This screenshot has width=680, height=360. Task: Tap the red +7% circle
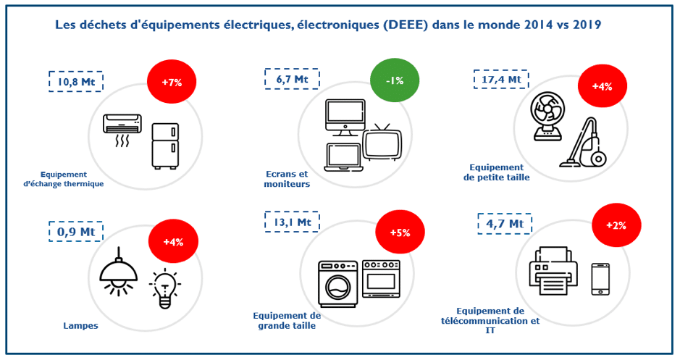tap(172, 82)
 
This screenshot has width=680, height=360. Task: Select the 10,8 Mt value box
tap(76, 82)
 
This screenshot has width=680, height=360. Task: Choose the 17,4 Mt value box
tap(501, 79)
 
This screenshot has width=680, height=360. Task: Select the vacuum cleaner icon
tap(586, 143)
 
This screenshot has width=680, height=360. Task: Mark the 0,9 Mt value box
tap(76, 232)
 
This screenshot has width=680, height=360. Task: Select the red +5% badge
tap(400, 233)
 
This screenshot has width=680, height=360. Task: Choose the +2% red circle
tap(616, 225)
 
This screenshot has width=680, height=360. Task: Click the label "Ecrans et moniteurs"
tap(286, 179)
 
